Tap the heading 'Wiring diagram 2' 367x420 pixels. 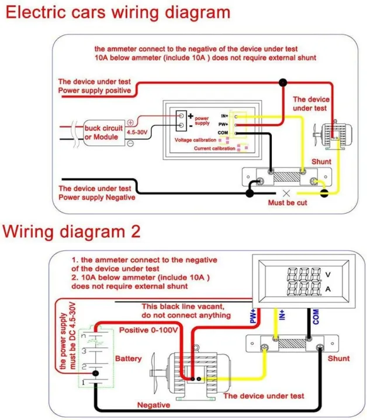tap(72, 231)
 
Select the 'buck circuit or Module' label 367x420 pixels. tap(103, 132)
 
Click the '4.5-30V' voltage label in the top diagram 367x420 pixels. tap(140, 133)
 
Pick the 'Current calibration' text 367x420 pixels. tap(216, 149)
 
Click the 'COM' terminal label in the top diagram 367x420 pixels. tap(223, 133)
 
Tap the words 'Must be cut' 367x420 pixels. tap(287, 202)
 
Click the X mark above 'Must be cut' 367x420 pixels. tap(286, 192)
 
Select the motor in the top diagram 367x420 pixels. tap(331, 131)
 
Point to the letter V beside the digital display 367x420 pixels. tap(328, 274)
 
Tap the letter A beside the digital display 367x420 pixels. tap(328, 288)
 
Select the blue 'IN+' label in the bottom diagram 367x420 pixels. tap(282, 316)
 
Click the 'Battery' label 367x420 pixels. tap(128, 358)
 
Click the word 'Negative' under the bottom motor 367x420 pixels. tap(154, 405)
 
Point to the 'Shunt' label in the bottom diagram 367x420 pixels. tap(339, 358)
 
